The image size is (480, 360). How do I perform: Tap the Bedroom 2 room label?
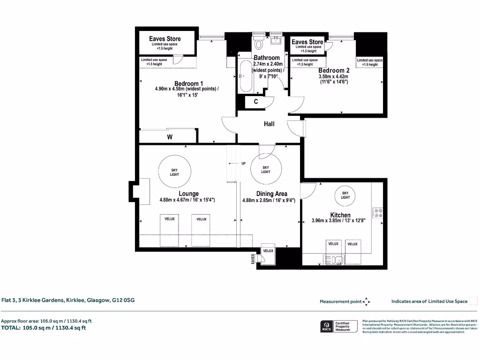coord(334,70)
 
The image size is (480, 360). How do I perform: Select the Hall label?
coord(269,124)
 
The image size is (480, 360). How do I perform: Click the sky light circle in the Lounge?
coord(174,172)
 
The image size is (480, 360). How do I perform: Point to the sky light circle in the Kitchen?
coord(345,195)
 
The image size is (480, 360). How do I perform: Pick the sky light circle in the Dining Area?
coord(266,169)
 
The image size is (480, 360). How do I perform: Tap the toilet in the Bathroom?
coord(259,43)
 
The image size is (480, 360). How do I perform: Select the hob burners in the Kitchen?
coord(377,213)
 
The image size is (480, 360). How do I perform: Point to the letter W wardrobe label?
coord(170,137)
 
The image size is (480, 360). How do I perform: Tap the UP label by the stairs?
coord(243,164)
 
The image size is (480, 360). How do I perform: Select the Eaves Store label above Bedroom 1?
coord(165,39)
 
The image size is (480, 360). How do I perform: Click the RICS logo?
coord(325,326)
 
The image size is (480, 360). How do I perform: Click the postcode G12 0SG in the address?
coord(123,300)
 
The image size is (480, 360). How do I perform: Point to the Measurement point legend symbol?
coord(367,301)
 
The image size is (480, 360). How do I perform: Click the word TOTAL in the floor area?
coord(11,328)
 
